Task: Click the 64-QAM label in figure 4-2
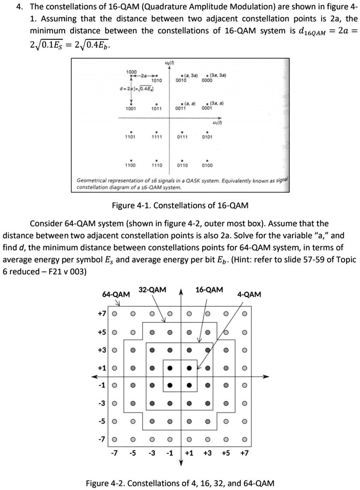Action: (116, 294)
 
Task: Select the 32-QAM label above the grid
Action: (152, 289)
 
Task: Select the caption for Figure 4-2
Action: (180, 483)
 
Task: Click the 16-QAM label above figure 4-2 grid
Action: (210, 289)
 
